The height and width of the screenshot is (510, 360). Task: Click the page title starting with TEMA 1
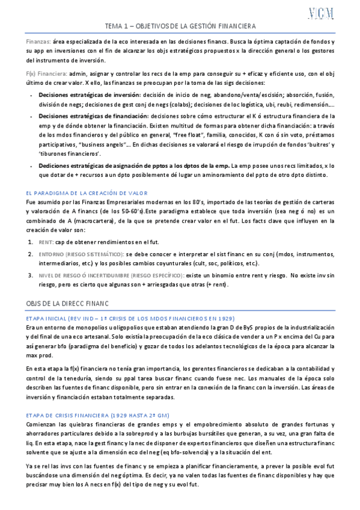pyautogui.click(x=180, y=27)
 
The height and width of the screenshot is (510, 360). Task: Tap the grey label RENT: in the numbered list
pyautogui.click(x=46, y=242)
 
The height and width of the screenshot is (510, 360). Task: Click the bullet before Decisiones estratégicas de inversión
pyautogui.click(x=31, y=96)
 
